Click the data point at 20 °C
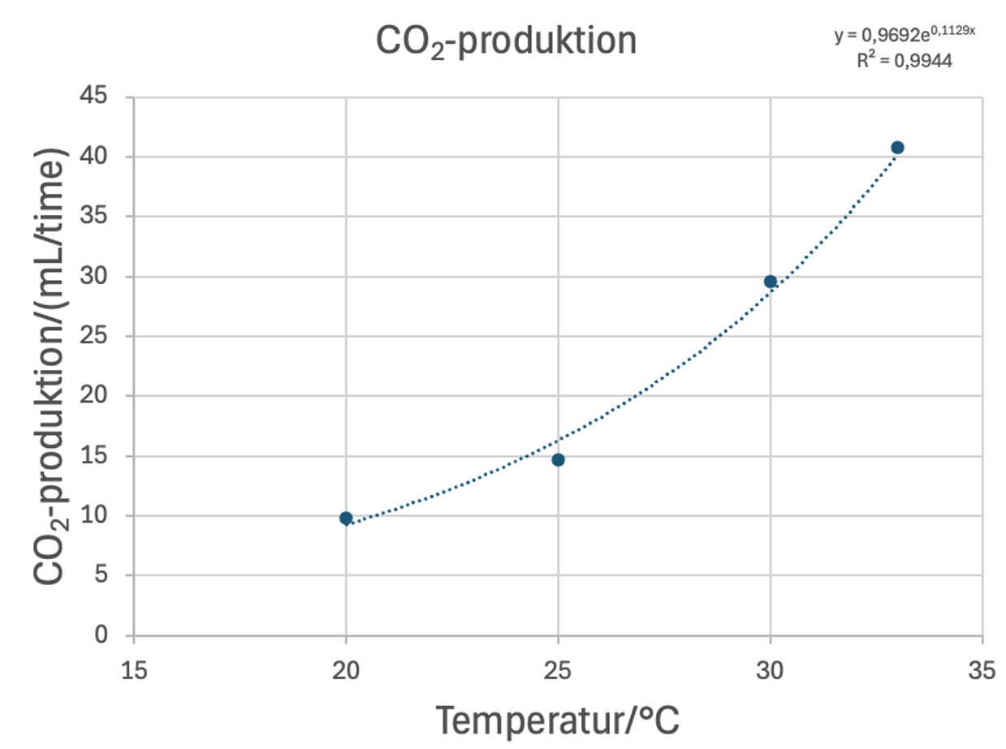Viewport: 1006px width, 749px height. (x=346, y=518)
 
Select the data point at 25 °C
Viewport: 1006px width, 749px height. (x=558, y=459)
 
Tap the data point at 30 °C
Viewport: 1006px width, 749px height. (x=771, y=282)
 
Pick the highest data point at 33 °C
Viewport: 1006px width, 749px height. (x=897, y=147)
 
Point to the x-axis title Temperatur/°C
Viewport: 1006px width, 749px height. (x=558, y=719)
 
